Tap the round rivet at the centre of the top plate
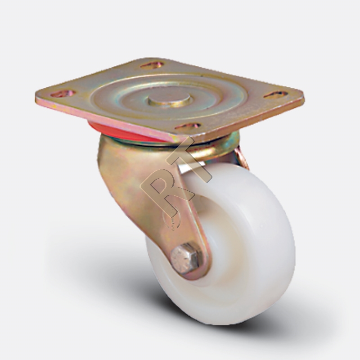tap(170, 100)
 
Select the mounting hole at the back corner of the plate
tap(152, 65)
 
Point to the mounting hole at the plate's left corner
tap(63, 94)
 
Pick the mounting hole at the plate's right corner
tap(275, 94)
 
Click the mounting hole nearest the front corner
tap(188, 127)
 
